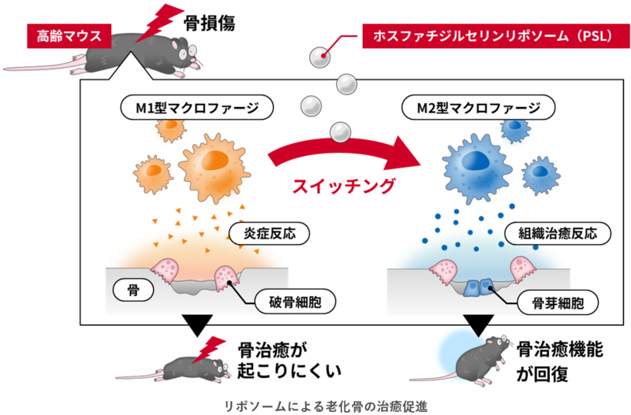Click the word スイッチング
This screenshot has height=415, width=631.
click(343, 186)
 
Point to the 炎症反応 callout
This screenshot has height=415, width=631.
click(268, 233)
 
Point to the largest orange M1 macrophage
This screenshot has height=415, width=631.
click(211, 163)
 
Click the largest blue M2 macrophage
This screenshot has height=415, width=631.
click(475, 162)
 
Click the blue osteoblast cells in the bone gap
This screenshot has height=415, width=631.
click(478, 288)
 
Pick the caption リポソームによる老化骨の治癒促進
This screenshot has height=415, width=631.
click(315, 404)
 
